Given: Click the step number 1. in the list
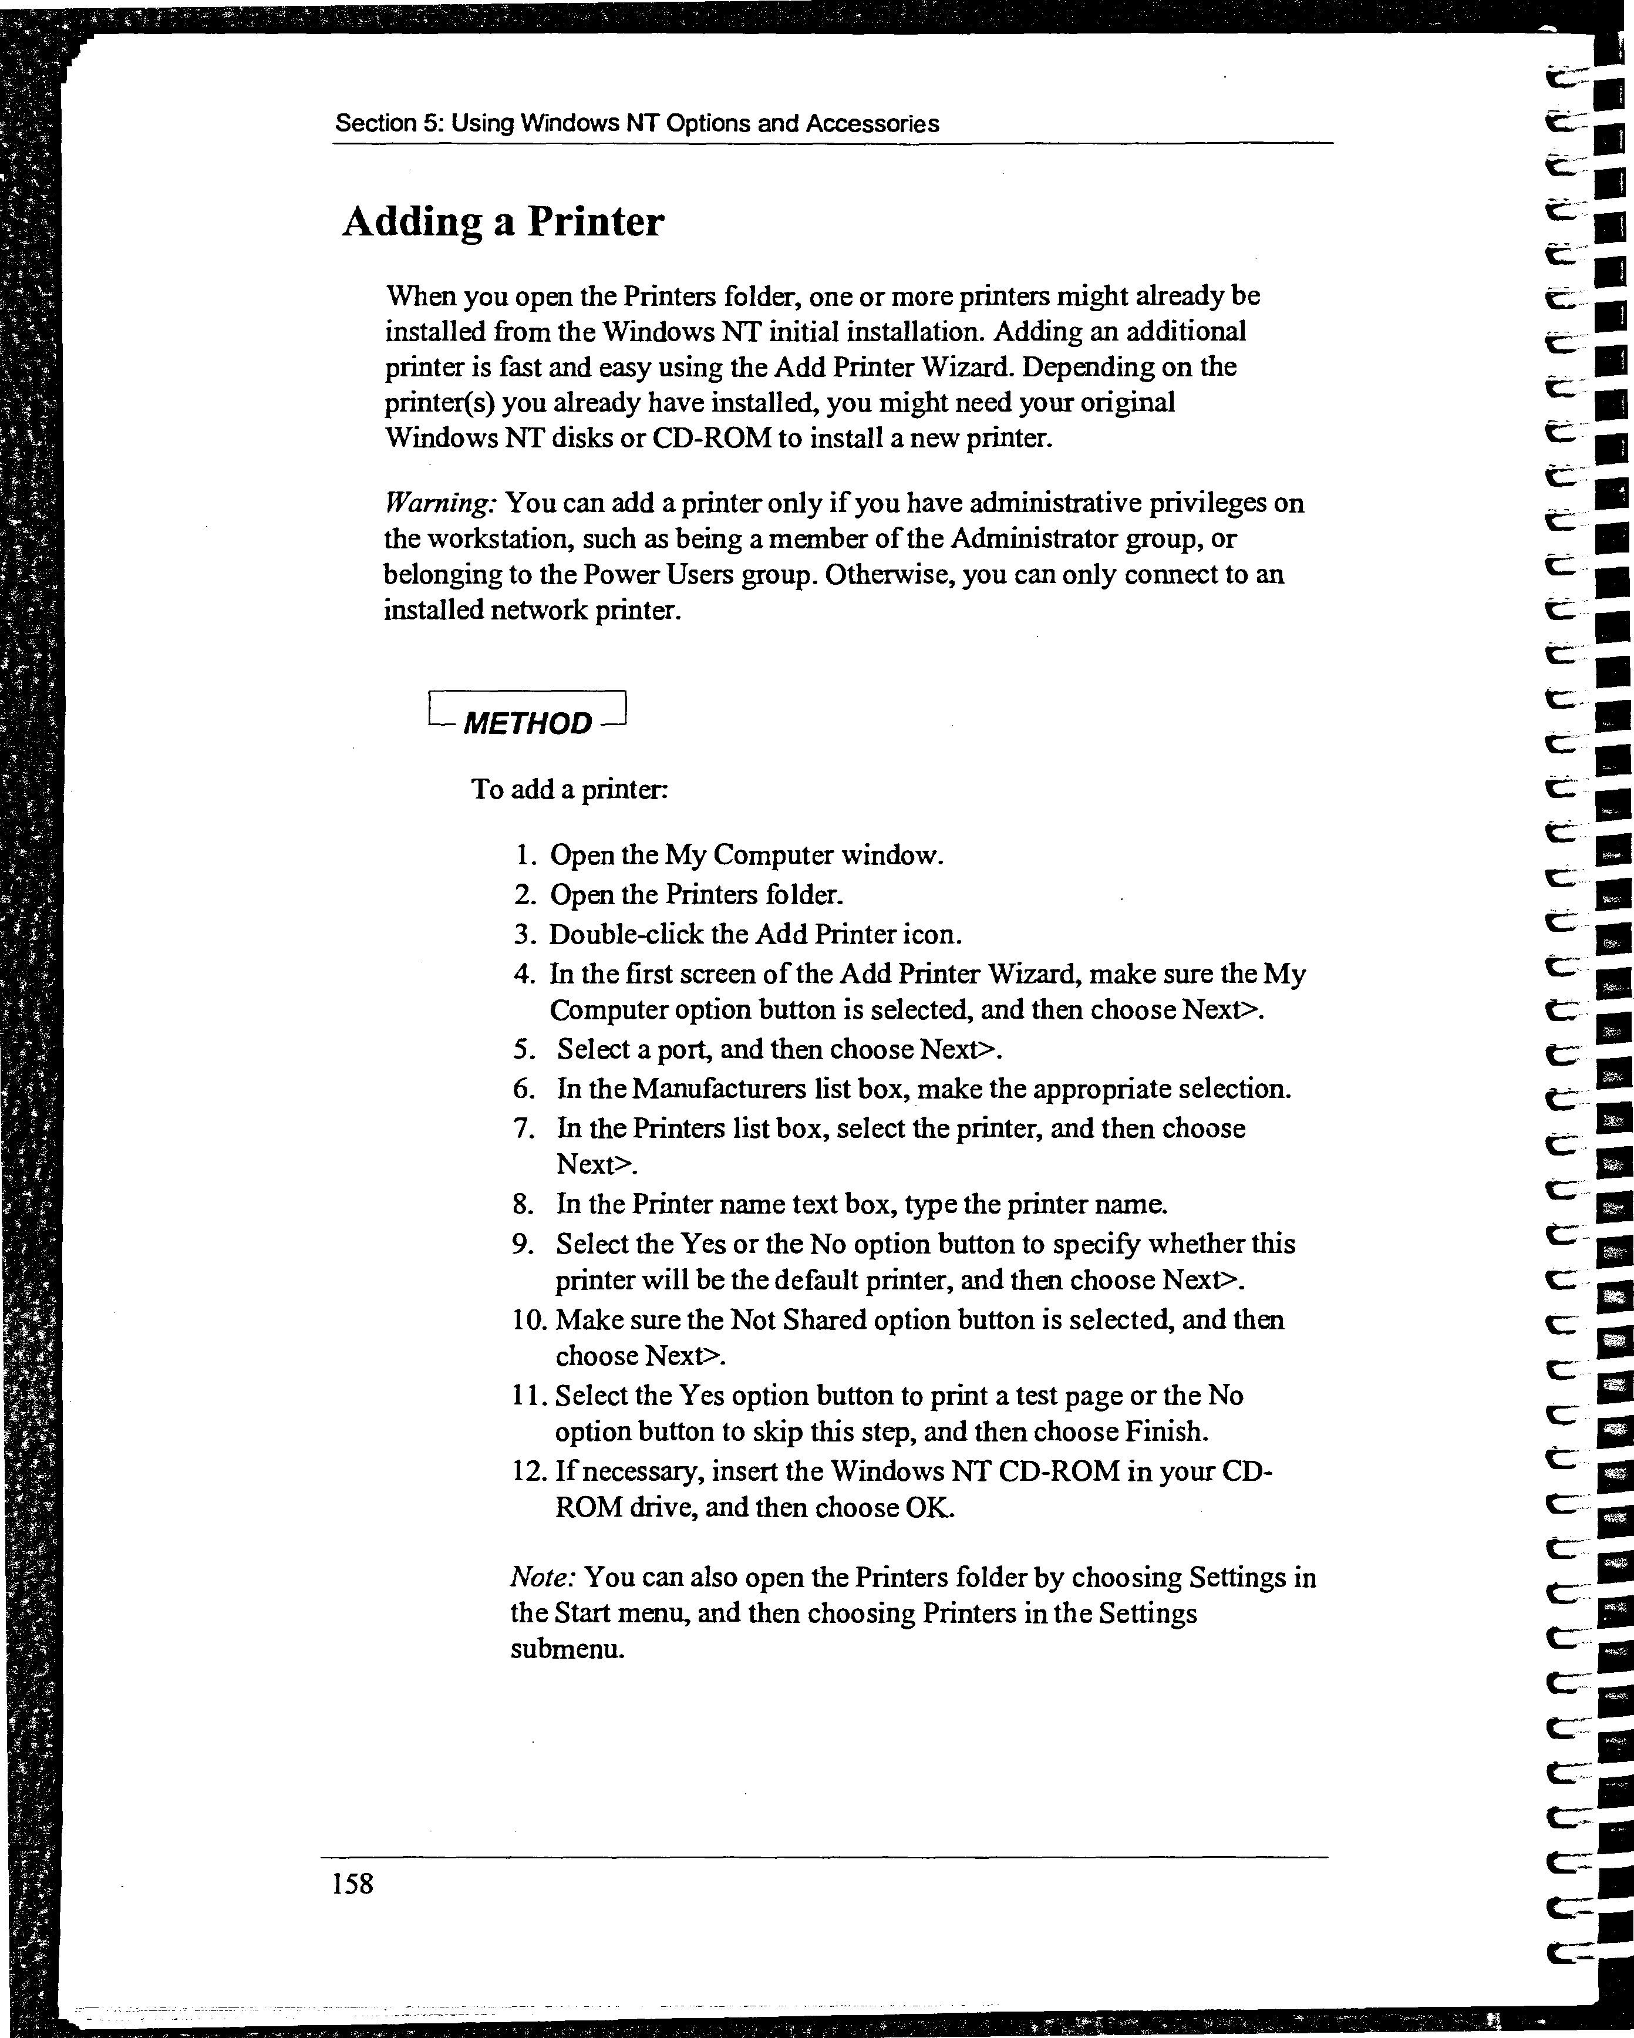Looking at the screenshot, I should click(527, 855).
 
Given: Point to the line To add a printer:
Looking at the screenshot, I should click(570, 789).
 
